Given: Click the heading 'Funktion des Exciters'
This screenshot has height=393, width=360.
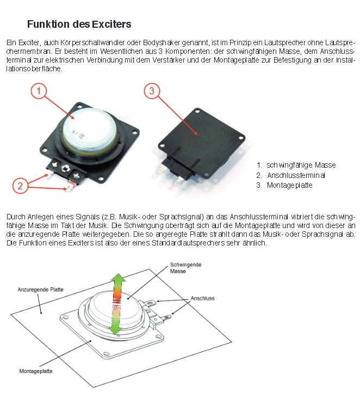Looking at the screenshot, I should (79, 24).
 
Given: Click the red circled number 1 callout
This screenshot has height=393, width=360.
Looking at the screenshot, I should (39, 91).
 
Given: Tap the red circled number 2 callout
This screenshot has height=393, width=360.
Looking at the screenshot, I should (20, 186).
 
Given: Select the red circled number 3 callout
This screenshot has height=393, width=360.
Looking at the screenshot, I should (152, 91).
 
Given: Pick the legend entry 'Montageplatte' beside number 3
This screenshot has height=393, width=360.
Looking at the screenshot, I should (289, 186).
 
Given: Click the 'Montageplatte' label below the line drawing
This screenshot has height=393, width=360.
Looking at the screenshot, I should (36, 371).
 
